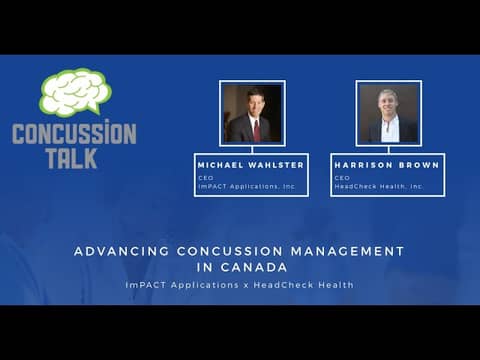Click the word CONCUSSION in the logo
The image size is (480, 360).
[74, 133]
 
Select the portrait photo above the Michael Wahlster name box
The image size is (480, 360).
[252, 113]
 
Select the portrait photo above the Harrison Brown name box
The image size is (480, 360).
[388, 113]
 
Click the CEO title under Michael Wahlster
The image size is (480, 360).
[206, 177]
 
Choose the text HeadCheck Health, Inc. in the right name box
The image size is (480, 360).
[380, 186]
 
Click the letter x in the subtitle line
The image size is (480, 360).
[246, 286]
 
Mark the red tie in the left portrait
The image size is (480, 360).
[256, 128]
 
